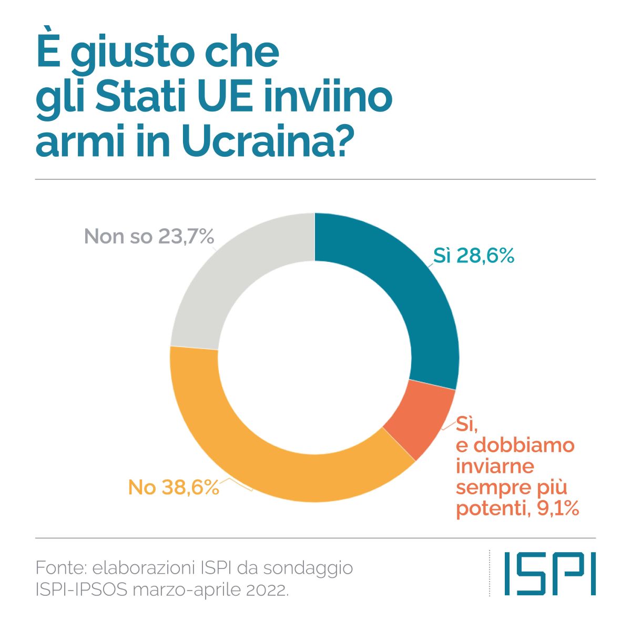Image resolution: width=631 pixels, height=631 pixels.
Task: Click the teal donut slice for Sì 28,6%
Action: [x=416, y=288]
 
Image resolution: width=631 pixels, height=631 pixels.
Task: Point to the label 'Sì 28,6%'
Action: [x=473, y=256]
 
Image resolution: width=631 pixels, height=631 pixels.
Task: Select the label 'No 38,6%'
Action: [x=173, y=488]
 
